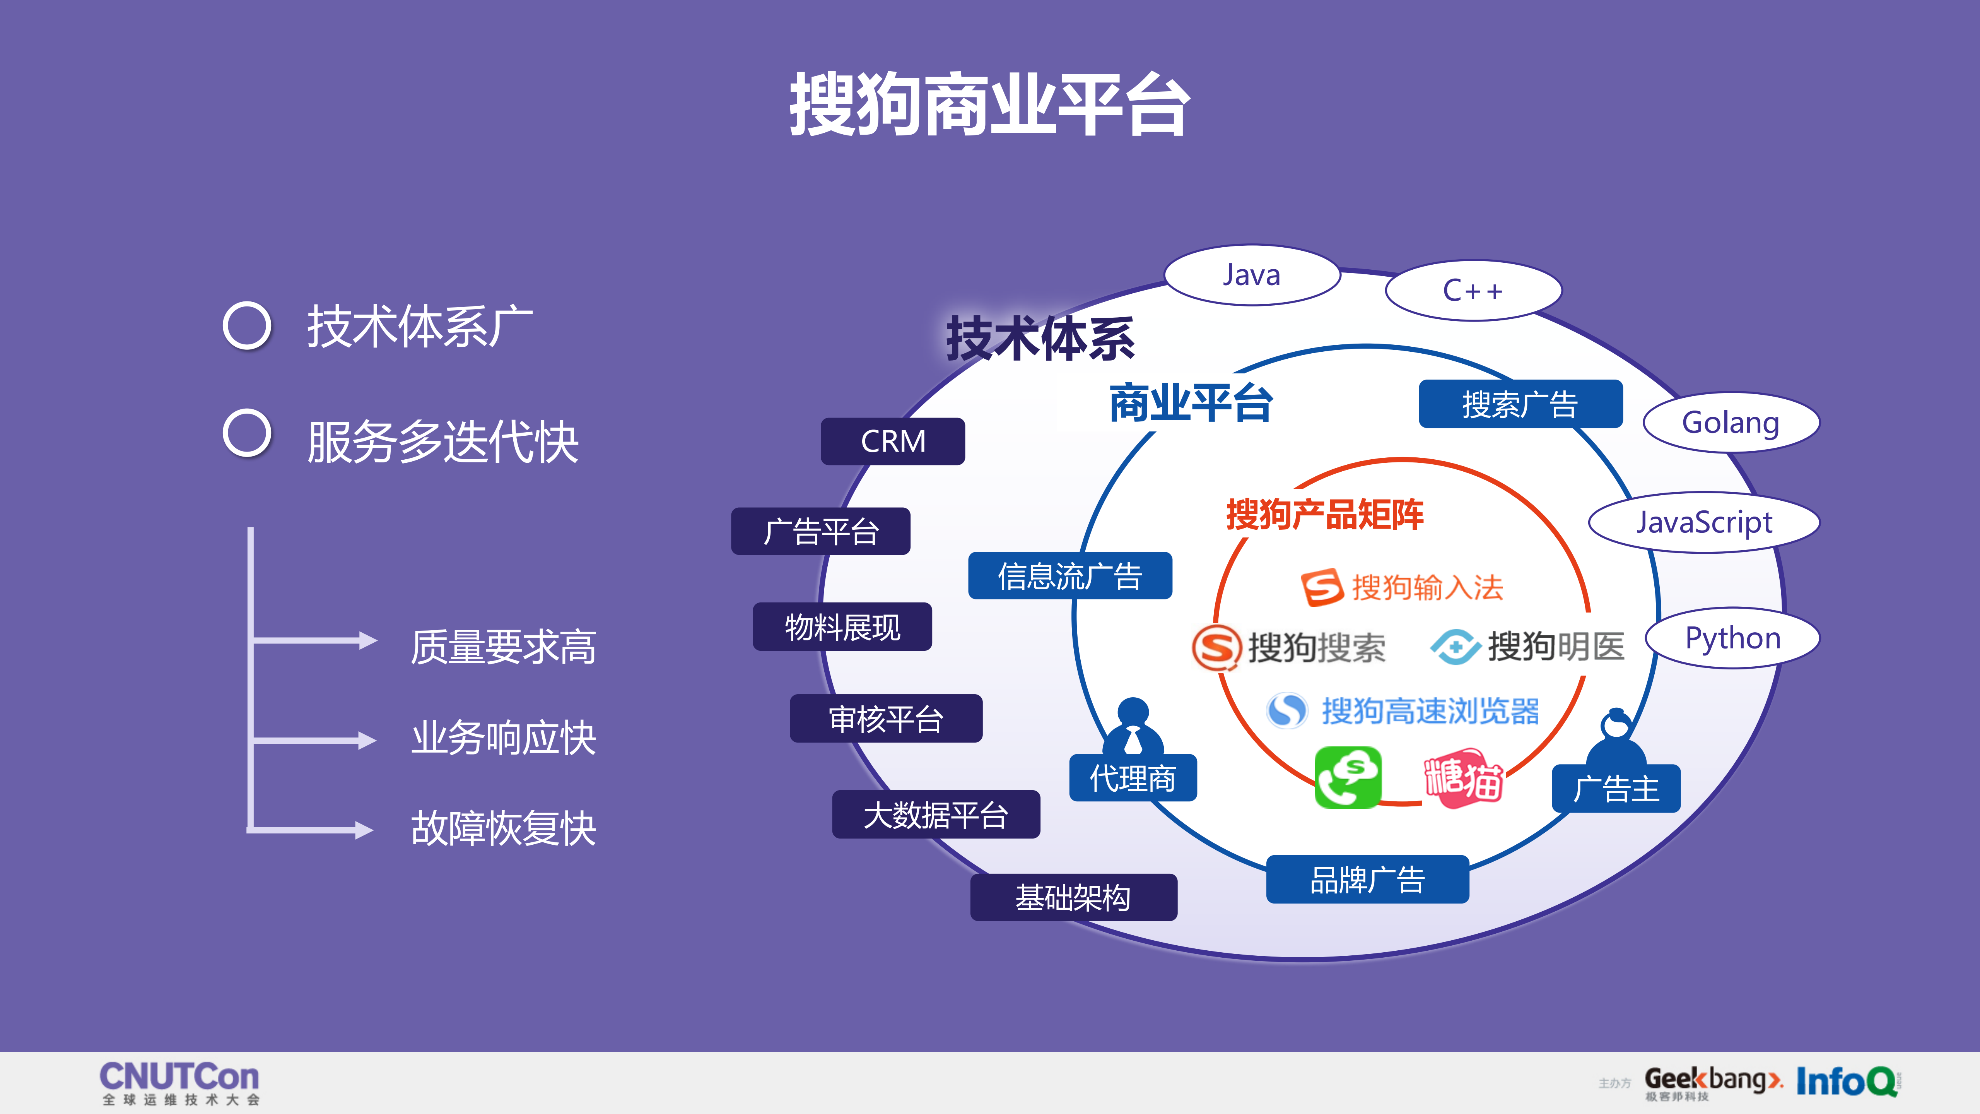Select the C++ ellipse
click(1473, 291)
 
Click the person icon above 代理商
click(1133, 727)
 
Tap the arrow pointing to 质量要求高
click(315, 640)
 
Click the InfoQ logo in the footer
click(1847, 1082)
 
